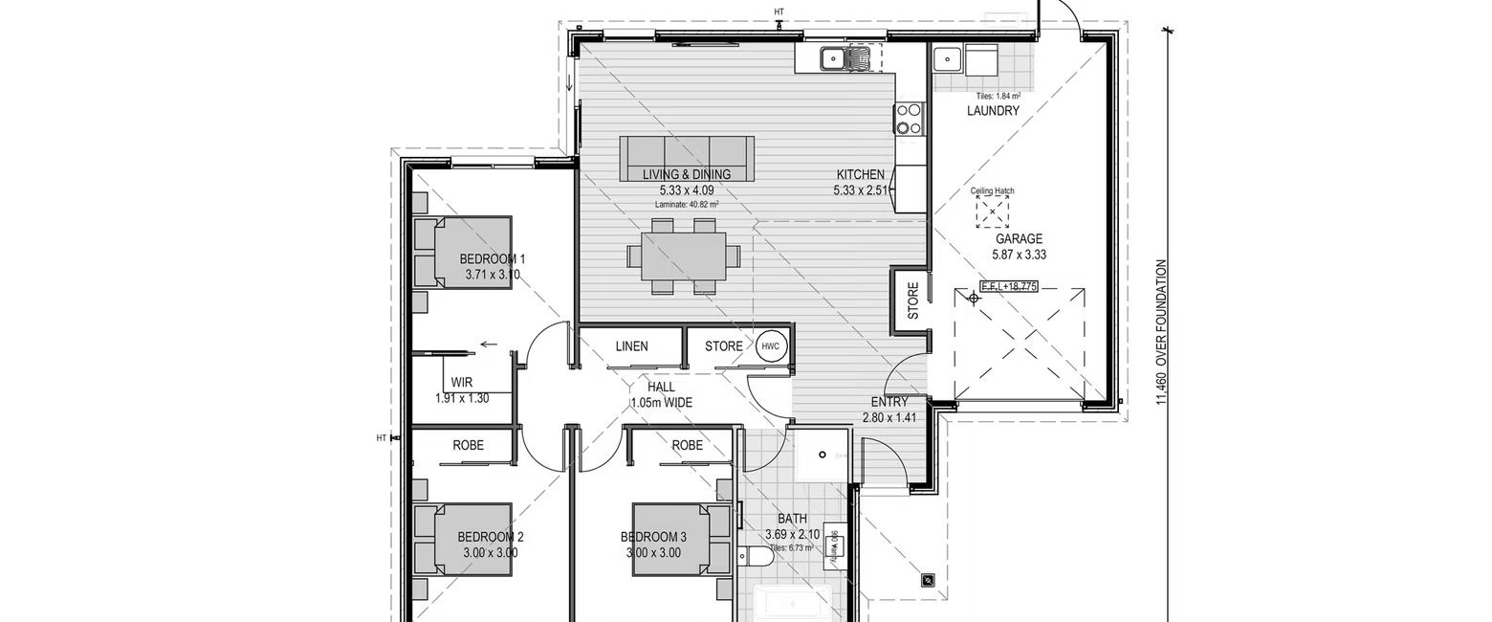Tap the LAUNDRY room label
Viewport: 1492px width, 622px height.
[993, 111]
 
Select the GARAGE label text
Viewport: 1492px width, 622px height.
[1019, 239]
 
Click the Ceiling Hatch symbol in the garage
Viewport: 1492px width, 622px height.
[992, 211]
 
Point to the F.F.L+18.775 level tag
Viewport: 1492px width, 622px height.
[1009, 286]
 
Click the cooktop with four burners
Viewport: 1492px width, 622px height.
[909, 119]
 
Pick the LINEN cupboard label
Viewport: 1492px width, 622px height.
[631, 346]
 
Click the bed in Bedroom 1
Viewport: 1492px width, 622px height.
[463, 252]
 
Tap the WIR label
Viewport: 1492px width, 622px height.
[461, 383]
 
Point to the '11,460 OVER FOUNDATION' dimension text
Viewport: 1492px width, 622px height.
[1162, 332]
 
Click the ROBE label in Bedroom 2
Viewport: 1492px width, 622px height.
[468, 445]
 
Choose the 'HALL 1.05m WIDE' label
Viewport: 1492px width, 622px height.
[661, 395]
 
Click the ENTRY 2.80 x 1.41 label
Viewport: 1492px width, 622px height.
[889, 410]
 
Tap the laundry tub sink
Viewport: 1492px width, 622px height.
[947, 60]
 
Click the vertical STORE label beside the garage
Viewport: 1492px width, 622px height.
[912, 300]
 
